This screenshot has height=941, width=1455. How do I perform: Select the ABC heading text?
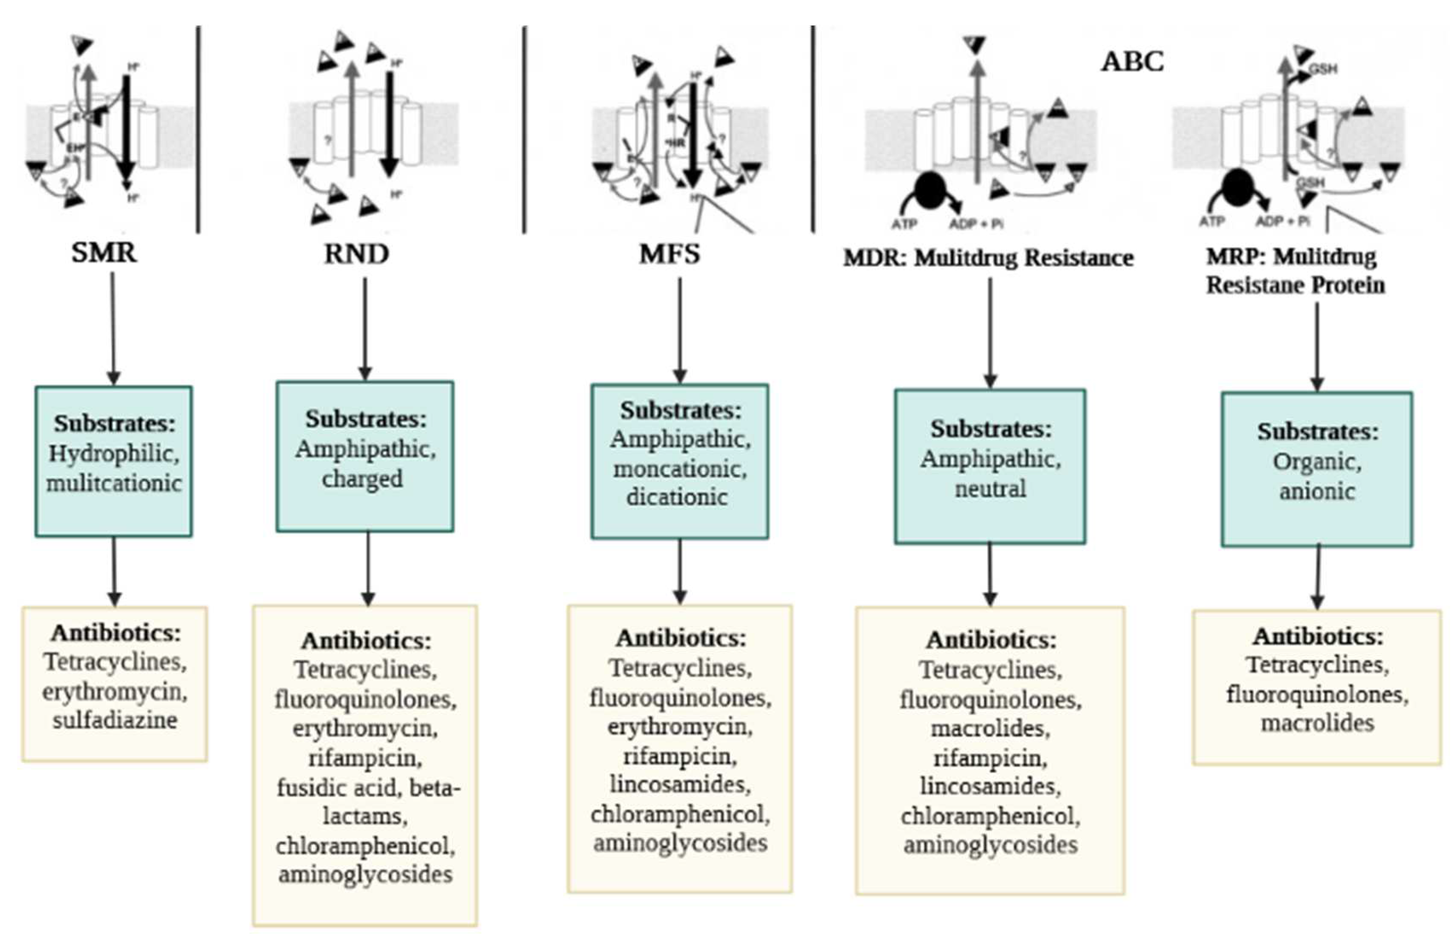click(1132, 62)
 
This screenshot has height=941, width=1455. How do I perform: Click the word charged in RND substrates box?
click(362, 479)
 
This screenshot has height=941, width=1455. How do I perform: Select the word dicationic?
click(677, 497)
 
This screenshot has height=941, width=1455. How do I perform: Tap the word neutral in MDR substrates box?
click(990, 489)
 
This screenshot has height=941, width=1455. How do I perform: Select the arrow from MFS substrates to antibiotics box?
click(680, 571)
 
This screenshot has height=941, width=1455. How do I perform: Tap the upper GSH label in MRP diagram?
click(1323, 69)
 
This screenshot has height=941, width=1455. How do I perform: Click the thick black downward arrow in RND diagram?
click(390, 122)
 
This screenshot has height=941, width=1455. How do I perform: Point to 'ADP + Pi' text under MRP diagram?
click(1282, 221)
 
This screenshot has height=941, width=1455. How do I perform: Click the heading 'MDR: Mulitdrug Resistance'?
click(988, 258)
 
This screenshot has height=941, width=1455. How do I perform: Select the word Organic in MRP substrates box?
click(1317, 462)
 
